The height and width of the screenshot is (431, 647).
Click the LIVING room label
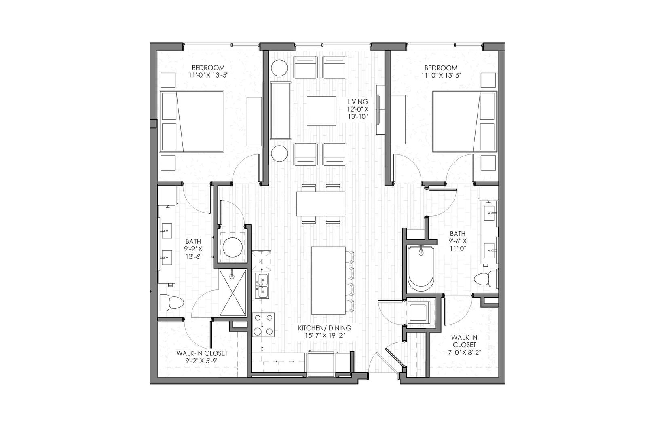357,102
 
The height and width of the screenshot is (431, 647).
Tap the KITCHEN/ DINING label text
325,328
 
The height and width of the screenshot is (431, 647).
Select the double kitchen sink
262,285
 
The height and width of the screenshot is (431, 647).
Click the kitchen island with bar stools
328,280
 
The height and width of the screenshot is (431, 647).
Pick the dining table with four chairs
321,203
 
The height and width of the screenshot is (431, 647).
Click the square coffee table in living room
321,110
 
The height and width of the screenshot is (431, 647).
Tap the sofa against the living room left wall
281,110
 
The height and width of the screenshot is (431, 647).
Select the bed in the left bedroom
192,121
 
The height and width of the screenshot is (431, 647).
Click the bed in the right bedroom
464,121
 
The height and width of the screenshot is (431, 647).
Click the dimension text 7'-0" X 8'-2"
464,352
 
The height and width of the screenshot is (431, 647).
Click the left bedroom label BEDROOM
208,68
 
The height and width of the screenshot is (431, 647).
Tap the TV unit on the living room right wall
381,110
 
